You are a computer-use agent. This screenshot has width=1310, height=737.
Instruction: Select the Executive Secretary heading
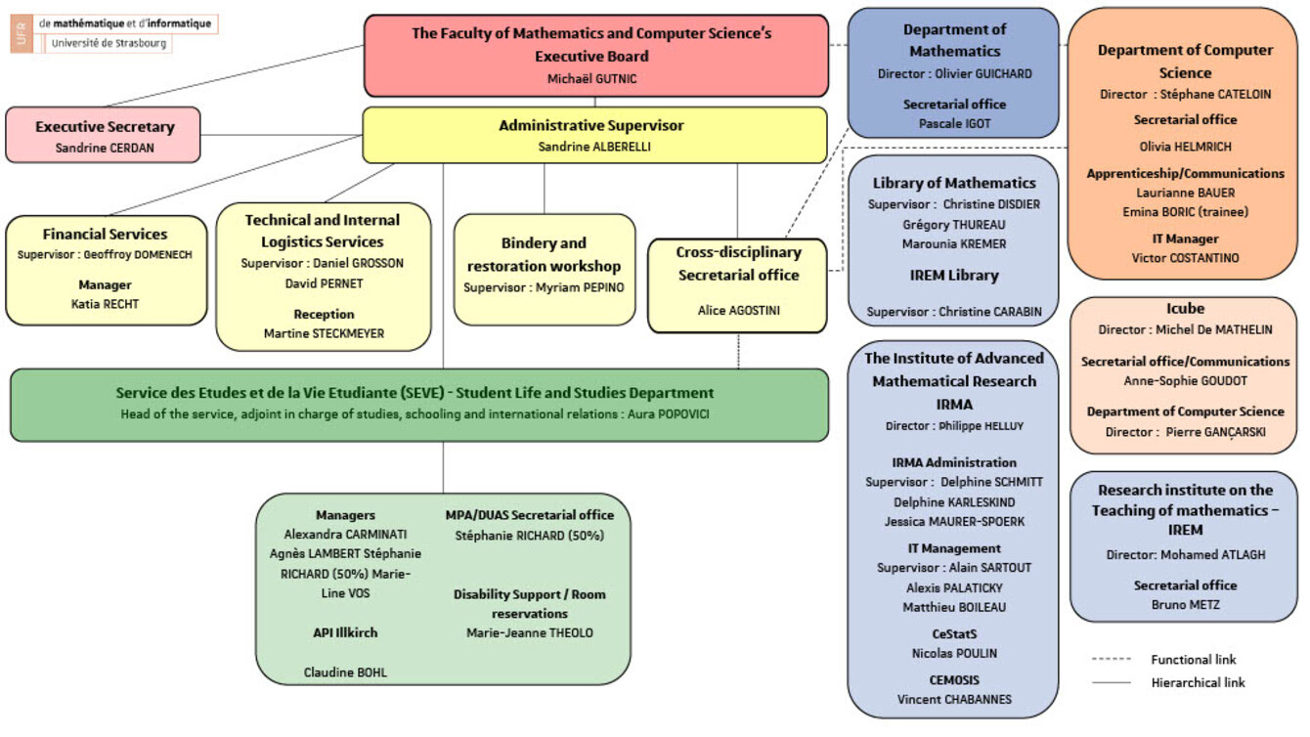105,126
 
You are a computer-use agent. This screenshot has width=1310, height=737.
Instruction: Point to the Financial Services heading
105,234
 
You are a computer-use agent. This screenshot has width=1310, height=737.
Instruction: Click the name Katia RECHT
105,303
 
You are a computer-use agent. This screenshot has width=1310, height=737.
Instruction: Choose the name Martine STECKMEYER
324,333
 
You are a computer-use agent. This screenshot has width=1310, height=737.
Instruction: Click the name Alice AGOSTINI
738,310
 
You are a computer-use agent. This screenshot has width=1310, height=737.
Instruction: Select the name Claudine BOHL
346,672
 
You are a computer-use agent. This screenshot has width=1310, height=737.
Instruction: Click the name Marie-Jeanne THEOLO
529,632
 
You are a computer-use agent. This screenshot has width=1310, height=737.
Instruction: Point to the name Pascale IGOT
953,123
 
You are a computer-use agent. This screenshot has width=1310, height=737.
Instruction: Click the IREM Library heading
953,276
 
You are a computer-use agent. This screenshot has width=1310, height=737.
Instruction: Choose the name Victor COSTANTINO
1185,257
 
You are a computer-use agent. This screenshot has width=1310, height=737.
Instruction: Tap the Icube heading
1185,309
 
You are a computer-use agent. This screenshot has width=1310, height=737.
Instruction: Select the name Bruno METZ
1185,604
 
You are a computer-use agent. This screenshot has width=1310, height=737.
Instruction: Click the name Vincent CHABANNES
953,699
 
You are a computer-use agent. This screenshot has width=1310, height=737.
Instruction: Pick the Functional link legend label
1194,660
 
